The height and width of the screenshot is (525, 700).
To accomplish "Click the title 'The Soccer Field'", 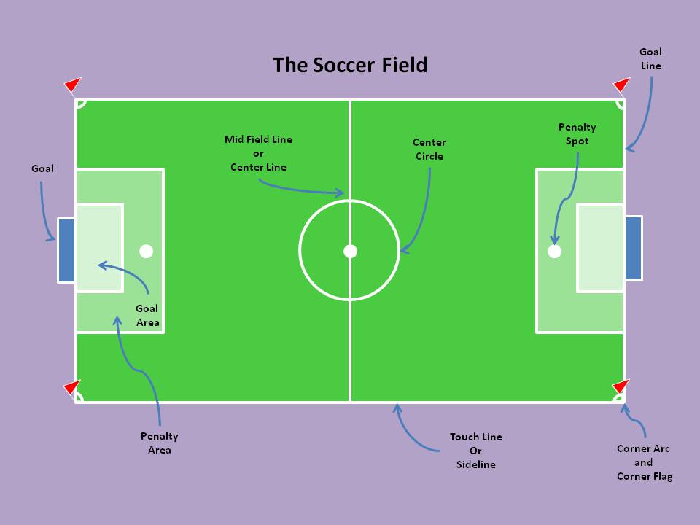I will pos(350,65).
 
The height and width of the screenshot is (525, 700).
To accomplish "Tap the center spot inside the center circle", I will pos(350,251).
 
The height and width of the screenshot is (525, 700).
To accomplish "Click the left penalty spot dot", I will pos(147,251).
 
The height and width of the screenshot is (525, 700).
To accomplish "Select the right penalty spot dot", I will pos(554,251).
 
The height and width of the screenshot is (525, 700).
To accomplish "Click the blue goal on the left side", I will pos(66,250).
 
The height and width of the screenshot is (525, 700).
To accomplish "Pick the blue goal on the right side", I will pos(634,248).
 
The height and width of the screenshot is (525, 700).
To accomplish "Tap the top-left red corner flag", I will pos(73,85).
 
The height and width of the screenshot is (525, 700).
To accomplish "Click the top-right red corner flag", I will pos(621,85).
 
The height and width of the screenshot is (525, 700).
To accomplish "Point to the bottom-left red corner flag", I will pos(71,386).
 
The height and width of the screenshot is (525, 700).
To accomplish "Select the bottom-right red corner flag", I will pos(621,386).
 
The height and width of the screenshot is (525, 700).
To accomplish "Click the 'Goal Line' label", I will pos(650,58).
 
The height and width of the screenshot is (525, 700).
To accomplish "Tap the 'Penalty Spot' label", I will pos(577,134).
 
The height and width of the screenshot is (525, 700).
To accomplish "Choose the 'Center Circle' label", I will pos(429,149).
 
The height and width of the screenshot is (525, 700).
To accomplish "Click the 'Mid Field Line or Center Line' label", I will pos(258,153).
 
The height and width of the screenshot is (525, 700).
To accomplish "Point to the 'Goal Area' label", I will pos(147,315).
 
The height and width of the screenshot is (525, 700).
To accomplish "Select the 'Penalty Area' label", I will pos(159,443).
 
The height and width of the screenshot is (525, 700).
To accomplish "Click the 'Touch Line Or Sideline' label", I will pos(475,451).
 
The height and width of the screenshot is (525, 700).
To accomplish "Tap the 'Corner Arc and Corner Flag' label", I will pos(643,462).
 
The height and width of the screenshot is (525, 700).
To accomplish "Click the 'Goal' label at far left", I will pos(42,168).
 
